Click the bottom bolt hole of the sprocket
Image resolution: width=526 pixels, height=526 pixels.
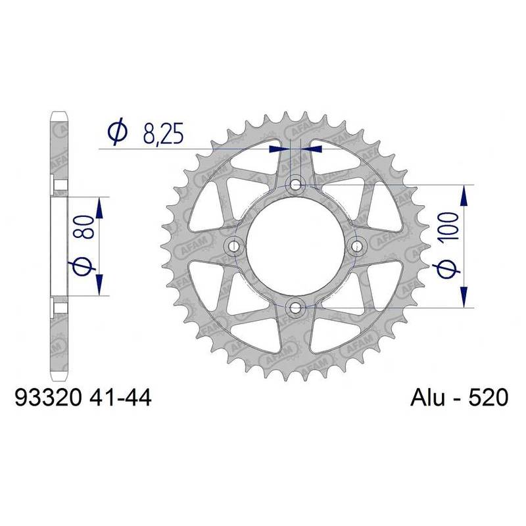(x=295, y=306)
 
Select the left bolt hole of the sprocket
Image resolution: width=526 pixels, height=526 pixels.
(x=234, y=245)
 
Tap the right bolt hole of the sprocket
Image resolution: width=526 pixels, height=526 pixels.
(x=357, y=245)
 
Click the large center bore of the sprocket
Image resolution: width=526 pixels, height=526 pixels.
(x=295, y=245)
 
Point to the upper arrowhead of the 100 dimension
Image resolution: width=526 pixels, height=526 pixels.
(x=465, y=194)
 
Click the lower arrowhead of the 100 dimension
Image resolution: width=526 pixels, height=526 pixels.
(x=465, y=297)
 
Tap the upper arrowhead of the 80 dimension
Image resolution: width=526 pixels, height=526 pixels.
(x=100, y=206)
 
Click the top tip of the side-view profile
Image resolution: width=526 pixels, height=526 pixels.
(x=59, y=116)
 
